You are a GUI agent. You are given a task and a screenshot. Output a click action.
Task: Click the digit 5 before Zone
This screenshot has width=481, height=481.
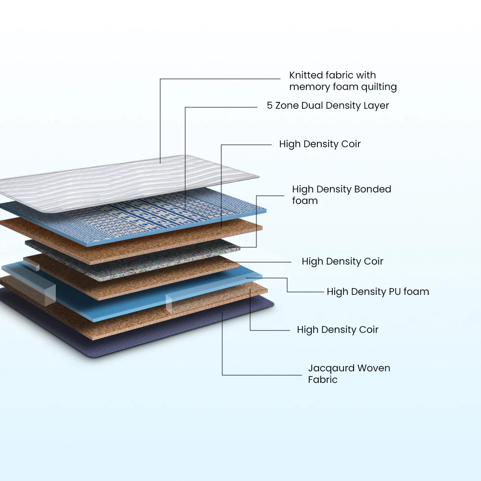coord(270,105)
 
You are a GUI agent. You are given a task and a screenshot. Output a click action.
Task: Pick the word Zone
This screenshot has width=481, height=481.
coord(287,105)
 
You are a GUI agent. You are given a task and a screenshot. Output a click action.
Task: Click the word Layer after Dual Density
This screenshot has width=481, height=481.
coord(376,105)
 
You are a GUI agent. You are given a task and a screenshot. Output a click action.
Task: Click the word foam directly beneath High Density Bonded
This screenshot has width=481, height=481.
coord(305,201)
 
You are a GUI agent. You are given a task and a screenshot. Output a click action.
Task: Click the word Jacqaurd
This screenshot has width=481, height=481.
coord(329,368)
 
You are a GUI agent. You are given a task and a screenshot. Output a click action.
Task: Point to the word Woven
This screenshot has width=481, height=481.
coord(372,368)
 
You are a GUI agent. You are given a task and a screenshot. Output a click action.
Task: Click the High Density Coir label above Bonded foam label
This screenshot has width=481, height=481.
coord(320,144)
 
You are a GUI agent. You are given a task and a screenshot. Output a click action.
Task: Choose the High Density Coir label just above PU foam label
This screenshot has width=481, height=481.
coord(342,262)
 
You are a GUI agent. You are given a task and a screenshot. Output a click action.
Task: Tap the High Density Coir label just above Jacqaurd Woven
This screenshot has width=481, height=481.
coord(338,330)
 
